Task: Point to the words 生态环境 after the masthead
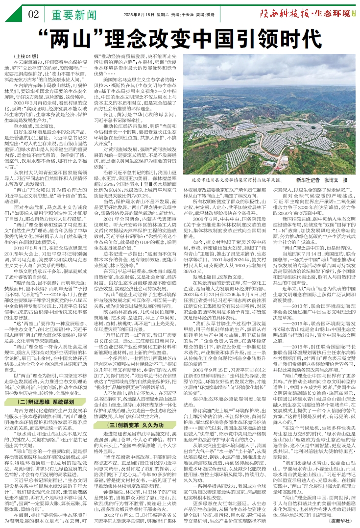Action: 334,13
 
